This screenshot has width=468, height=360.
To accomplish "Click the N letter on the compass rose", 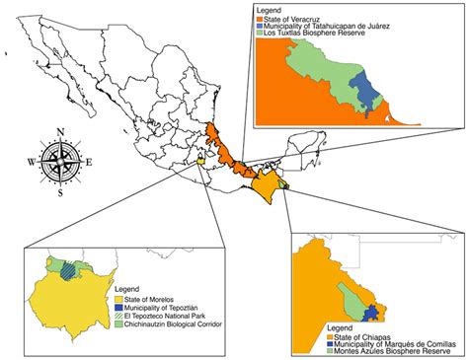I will pos(61,130).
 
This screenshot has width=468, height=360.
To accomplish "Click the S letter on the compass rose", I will pos(61,193).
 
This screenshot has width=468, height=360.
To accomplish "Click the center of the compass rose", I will pos(61,162).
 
